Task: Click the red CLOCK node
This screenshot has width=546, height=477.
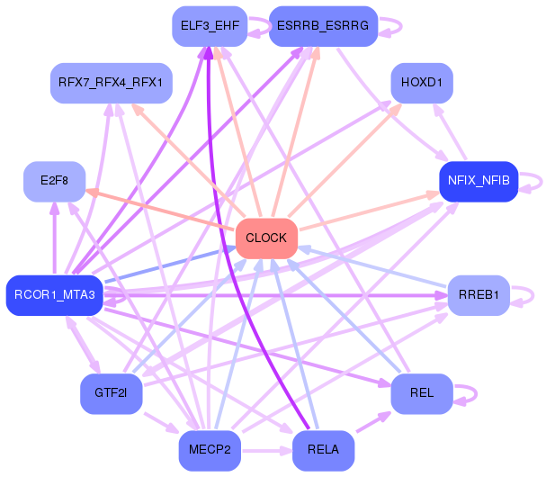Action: point(267,238)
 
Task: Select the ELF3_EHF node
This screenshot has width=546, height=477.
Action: point(210,26)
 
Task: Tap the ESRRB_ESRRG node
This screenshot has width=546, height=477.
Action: point(323,26)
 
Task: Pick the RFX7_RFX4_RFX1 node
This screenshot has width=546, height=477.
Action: point(111,83)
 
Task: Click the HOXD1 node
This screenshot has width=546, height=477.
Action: point(422,83)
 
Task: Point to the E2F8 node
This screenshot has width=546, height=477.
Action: point(54,181)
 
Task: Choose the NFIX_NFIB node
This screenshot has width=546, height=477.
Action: point(479,181)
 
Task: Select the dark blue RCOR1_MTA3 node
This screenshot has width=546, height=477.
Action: point(55,295)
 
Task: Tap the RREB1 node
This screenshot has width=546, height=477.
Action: point(479,295)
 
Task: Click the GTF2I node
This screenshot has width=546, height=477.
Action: point(111,393)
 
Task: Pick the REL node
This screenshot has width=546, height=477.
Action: point(422,393)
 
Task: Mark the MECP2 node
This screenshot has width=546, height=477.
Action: point(210,451)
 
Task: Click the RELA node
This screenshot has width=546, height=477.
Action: point(323,451)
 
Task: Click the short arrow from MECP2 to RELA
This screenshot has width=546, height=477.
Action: point(267,451)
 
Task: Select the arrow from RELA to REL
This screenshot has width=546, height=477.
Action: point(373,422)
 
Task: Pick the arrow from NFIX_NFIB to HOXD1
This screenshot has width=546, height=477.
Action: point(450,131)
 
